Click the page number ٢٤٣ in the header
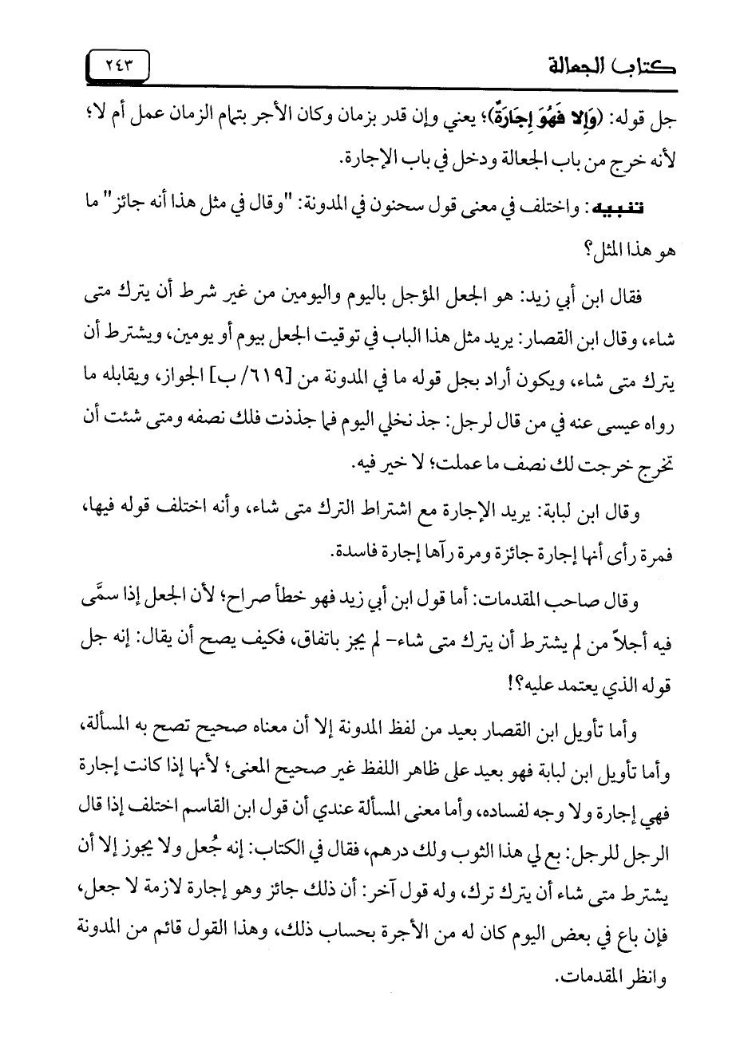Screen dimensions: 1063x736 pyautogui.click(x=119, y=65)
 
